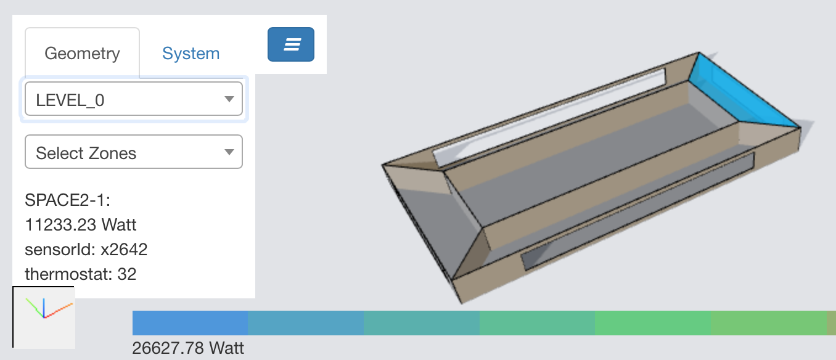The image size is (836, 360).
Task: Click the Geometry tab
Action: point(82,52)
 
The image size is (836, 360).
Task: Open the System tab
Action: point(191,54)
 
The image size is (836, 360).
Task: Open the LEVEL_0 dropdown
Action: point(134,99)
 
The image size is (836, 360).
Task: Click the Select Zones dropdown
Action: point(134,152)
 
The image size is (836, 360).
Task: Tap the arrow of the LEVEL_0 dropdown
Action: point(229,99)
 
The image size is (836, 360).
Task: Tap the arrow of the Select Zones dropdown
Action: point(229,152)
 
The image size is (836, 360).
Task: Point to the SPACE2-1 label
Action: point(68,200)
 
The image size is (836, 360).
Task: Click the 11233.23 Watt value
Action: point(81,224)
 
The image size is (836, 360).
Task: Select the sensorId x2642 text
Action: point(86,249)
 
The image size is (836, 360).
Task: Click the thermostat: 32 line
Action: point(81,274)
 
